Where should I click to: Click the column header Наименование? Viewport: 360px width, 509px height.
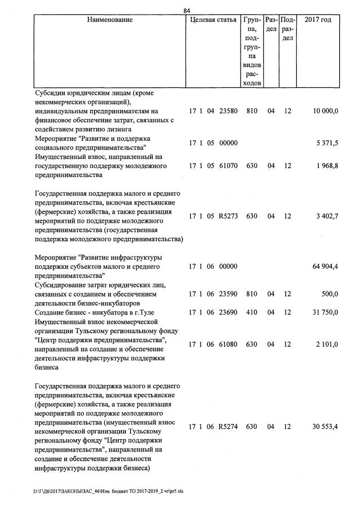click(x=110, y=20)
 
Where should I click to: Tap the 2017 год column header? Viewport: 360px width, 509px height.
click(x=318, y=20)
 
